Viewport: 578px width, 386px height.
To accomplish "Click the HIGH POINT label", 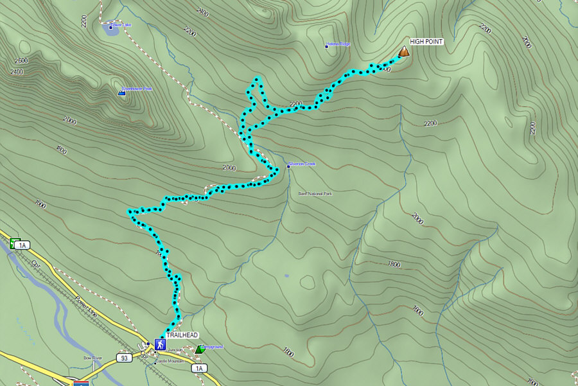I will pyautogui.click(x=426, y=42).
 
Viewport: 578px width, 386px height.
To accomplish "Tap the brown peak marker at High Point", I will pyautogui.click(x=404, y=51).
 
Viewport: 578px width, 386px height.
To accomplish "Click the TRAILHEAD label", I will pyautogui.click(x=182, y=335).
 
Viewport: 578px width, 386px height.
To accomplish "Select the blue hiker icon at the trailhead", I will pyautogui.click(x=159, y=345).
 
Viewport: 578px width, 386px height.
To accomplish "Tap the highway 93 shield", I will pyautogui.click(x=124, y=356).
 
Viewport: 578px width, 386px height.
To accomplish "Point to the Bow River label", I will pyautogui.click(x=92, y=358).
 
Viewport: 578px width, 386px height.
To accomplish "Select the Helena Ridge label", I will pyautogui.click(x=339, y=44).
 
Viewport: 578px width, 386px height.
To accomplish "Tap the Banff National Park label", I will pyautogui.click(x=315, y=193).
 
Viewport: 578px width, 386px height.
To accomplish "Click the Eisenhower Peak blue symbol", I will pyautogui.click(x=121, y=94).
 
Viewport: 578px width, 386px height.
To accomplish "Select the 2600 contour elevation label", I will pyautogui.click(x=21, y=60).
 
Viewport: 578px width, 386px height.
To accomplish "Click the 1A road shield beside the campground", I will pyautogui.click(x=198, y=368).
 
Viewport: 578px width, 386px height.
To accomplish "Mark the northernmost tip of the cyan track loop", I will pyautogui.click(x=258, y=79).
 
